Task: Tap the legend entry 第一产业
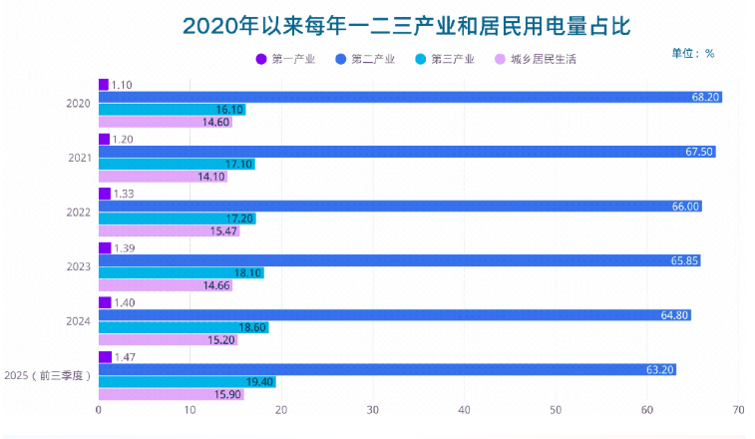286,60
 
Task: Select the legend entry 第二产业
365,60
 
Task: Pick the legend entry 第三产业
445,60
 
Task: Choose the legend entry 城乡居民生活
536,60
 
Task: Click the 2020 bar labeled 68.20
409,97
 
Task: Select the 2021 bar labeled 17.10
177,164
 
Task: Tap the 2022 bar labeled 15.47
169,230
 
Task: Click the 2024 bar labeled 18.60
184,327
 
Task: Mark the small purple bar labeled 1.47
105,356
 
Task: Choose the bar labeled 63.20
387,369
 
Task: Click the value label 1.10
123,85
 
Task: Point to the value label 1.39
124,247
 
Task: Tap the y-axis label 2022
79,213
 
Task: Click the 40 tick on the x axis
464,410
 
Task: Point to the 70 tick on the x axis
738,410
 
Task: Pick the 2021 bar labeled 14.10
163,177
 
